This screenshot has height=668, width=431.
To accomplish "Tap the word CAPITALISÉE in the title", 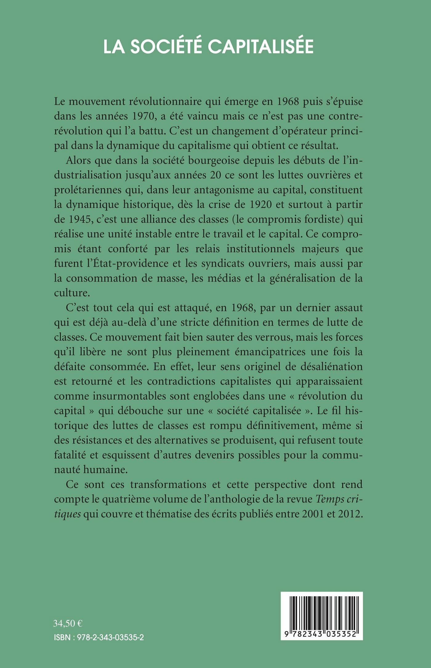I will pyautogui.click(x=260, y=47).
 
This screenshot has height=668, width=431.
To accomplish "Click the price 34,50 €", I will pyautogui.click(x=68, y=623).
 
